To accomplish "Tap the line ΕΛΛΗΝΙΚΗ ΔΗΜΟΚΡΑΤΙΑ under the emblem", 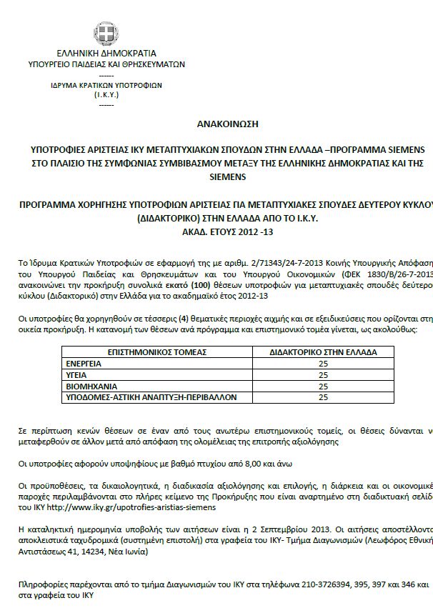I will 106,54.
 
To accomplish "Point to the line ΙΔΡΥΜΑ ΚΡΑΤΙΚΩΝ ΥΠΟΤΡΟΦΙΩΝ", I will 106,84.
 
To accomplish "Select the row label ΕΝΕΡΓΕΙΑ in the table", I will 84,363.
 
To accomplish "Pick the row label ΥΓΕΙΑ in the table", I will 78,374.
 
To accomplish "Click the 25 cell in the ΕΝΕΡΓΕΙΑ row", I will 322,363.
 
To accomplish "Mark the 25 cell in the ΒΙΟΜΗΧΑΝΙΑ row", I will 322,385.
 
